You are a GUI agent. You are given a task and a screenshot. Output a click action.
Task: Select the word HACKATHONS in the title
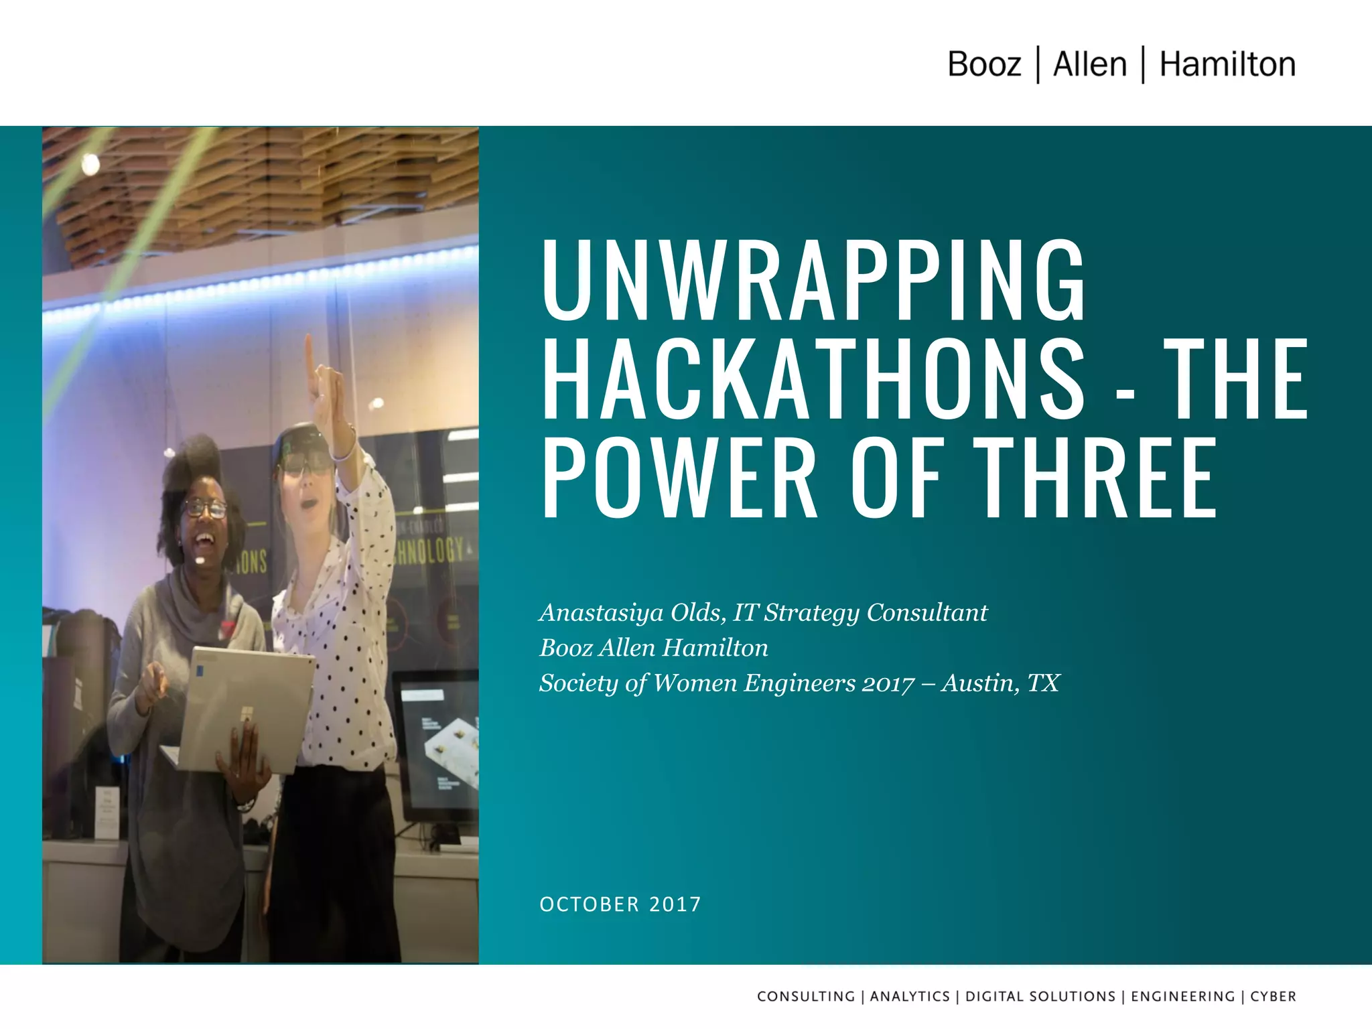pos(813,379)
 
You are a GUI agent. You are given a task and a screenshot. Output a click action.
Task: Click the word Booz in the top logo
pos(984,65)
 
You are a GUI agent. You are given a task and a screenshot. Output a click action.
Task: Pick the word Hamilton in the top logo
pos(1227,65)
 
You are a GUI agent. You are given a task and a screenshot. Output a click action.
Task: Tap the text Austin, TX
pos(1000,683)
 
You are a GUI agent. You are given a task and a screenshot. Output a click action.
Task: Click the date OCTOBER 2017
pos(620,904)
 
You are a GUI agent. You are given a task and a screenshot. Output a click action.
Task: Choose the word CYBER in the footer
pos(1273,996)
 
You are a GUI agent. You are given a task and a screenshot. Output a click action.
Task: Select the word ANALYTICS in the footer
pos(910,996)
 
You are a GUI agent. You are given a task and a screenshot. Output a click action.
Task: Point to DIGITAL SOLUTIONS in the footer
pos(1040,996)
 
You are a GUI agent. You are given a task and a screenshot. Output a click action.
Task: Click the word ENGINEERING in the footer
pos(1182,996)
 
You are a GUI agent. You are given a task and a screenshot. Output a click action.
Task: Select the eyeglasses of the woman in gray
pos(205,508)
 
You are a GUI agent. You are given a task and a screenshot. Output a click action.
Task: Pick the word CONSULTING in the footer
pos(806,996)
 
